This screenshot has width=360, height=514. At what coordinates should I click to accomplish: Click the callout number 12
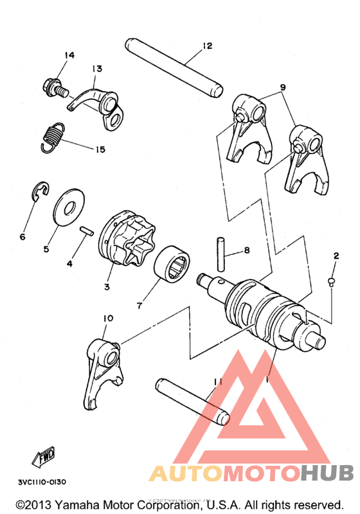[x=206, y=46]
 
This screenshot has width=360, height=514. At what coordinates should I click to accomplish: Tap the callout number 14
[x=69, y=55]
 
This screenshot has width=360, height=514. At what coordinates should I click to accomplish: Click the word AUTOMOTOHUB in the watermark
[x=251, y=474]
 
